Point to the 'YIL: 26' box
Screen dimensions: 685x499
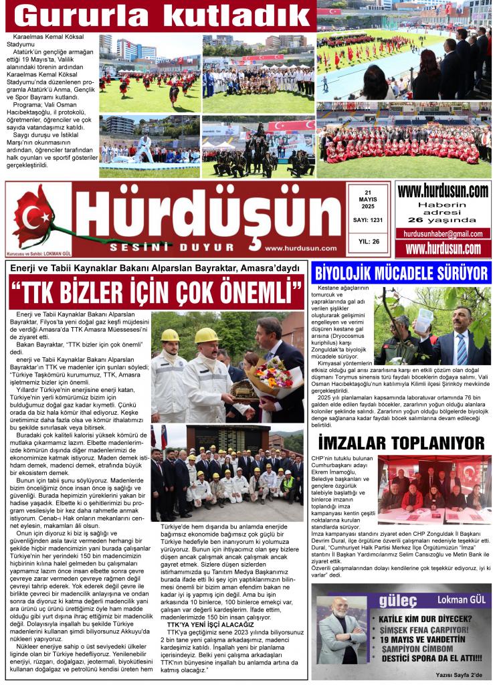point(368,241)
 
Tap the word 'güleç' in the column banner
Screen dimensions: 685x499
point(394,598)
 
